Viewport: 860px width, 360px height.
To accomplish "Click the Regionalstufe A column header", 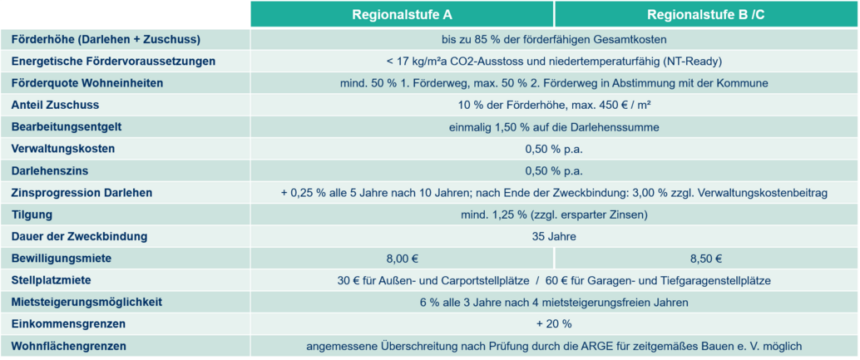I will (402, 15).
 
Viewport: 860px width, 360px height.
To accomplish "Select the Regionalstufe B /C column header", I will (706, 15).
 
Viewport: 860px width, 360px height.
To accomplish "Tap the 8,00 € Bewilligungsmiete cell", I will (402, 259).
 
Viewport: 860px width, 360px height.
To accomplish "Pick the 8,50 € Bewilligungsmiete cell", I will (706, 259).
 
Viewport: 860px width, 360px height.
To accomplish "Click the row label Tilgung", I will (32, 215).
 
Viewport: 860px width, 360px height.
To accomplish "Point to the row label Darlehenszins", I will (50, 171).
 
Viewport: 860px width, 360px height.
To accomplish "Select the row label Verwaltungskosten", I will (62, 149).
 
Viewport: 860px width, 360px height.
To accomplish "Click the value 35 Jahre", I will (554, 236).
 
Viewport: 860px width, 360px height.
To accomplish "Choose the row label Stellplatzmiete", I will (52, 280).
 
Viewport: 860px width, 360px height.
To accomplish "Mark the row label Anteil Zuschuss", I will (55, 105).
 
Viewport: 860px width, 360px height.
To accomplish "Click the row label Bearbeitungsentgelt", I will (67, 127).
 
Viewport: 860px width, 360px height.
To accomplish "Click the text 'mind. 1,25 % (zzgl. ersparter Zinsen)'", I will (554, 215).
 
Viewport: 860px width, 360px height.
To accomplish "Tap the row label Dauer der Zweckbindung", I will (79, 236).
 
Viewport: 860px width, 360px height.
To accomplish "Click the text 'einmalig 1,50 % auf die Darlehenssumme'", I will (554, 127).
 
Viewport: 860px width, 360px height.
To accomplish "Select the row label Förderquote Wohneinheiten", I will (87, 83).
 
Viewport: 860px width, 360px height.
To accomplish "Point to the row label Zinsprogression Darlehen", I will (82, 193).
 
